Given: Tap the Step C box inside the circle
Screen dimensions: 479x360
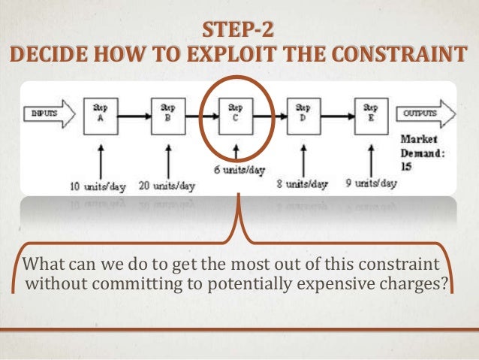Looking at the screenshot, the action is click(x=236, y=115).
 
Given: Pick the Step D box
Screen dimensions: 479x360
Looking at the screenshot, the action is click(x=303, y=115).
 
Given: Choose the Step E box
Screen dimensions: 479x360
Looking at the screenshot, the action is click(x=370, y=115).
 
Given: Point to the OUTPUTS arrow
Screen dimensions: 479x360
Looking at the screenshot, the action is click(x=427, y=114).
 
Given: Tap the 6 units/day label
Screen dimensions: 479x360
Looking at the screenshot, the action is click(x=236, y=172).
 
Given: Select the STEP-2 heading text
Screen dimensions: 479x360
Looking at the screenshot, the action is click(x=239, y=32).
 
